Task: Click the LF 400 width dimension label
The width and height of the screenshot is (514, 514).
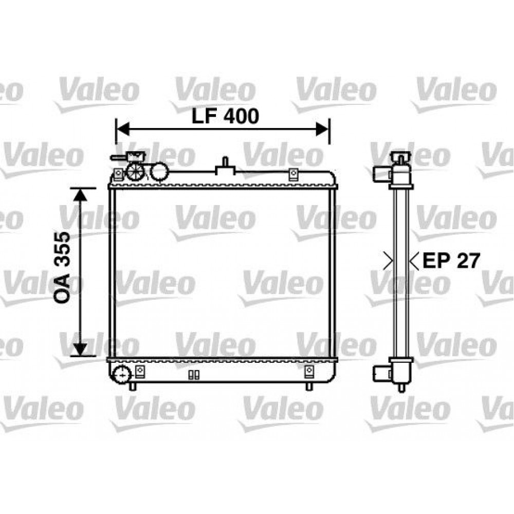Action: coord(225,116)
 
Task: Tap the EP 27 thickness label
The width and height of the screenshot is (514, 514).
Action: coord(451,261)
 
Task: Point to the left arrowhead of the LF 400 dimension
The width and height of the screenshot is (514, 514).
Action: coord(123,130)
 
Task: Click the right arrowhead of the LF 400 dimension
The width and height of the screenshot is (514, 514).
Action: coord(322,130)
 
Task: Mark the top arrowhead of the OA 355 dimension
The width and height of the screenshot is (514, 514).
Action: coord(80,195)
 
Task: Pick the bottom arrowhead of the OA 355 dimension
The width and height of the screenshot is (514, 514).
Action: coord(80,350)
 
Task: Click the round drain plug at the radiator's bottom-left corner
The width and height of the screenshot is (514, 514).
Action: coord(121,374)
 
